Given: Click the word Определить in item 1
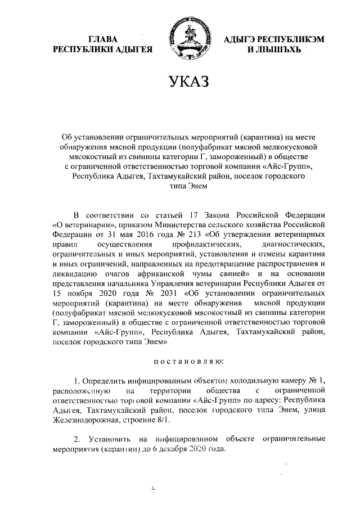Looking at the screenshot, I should (107, 380).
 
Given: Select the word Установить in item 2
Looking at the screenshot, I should (110, 438).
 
